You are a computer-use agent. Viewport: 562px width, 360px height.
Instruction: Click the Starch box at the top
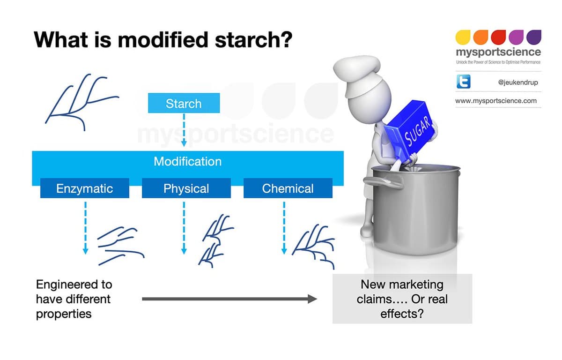click(x=184, y=104)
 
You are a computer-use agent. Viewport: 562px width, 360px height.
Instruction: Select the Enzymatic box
click(x=84, y=188)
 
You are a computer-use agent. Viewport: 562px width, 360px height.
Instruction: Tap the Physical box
click(x=186, y=188)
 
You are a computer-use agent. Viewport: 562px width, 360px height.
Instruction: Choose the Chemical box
click(x=288, y=188)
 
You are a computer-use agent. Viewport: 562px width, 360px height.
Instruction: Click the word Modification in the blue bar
click(x=187, y=162)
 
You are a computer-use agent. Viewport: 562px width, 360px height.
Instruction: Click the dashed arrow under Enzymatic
click(x=85, y=227)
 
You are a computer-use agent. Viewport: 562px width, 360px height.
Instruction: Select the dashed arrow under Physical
click(x=184, y=227)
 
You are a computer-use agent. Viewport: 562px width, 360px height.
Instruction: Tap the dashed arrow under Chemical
click(x=284, y=227)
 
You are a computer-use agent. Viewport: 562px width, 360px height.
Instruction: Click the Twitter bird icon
click(x=463, y=82)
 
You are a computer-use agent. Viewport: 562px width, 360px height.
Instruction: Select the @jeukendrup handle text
click(x=518, y=82)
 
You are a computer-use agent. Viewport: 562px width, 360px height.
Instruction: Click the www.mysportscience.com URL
click(x=496, y=101)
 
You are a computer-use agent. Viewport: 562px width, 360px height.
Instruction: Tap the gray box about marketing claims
click(x=402, y=299)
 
